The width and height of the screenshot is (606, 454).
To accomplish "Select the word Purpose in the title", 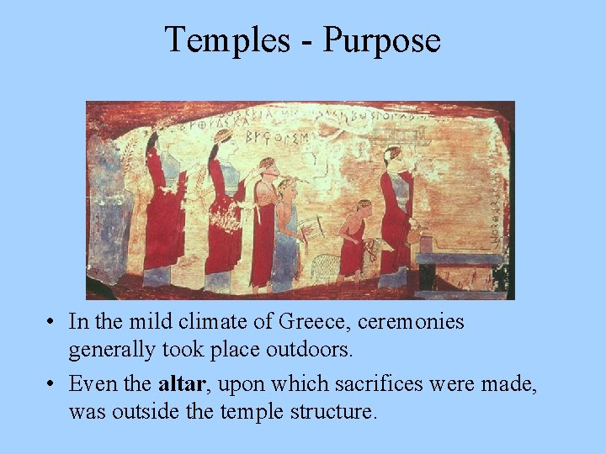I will pyautogui.click(x=382, y=40).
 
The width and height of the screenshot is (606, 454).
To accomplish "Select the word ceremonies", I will pyautogui.click(x=412, y=322).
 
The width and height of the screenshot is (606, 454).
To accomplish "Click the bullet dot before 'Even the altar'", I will pyautogui.click(x=52, y=385).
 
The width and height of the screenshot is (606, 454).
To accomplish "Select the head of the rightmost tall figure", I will pyautogui.click(x=392, y=156).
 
